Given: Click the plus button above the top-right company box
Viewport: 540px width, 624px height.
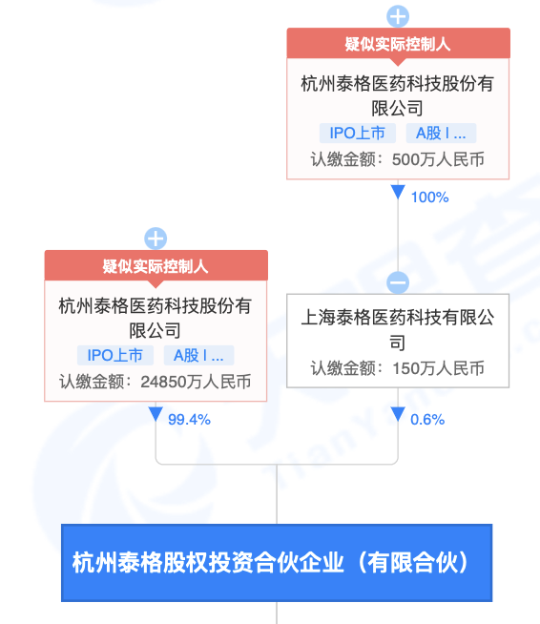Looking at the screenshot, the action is click(x=398, y=17).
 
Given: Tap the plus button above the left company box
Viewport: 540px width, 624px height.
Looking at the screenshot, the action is click(x=156, y=239).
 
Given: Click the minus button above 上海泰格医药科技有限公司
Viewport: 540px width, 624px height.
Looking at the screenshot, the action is click(x=398, y=282).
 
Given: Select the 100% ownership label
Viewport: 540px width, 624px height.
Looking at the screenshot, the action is click(x=429, y=198).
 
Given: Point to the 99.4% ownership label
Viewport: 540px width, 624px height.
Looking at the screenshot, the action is click(x=189, y=420).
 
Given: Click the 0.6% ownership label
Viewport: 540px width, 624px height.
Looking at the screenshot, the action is click(x=427, y=420).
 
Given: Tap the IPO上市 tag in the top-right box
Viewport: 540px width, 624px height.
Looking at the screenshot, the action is click(x=358, y=133).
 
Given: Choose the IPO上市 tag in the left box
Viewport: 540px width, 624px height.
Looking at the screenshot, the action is click(x=115, y=355).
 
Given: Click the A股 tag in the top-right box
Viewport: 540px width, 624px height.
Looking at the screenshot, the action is click(x=441, y=133).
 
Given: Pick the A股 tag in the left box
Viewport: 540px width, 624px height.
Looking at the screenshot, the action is click(x=198, y=355).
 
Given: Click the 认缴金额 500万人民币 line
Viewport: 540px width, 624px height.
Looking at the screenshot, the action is click(x=398, y=159).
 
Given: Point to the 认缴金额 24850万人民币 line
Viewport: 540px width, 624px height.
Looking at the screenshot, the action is click(x=156, y=382).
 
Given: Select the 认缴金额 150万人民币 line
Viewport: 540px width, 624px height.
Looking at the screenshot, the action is click(x=398, y=368).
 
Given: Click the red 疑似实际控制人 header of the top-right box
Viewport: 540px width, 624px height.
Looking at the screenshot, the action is click(x=398, y=43).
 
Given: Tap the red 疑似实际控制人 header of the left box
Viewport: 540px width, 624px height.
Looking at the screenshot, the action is click(x=156, y=266).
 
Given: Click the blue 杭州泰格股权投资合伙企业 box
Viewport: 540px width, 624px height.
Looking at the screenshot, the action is click(x=277, y=563).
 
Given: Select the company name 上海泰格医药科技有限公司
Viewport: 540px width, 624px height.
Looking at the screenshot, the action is click(x=398, y=330).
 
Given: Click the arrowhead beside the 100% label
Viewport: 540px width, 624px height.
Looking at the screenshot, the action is click(x=398, y=192).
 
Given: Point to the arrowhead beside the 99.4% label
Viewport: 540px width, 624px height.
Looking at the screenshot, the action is click(x=156, y=414).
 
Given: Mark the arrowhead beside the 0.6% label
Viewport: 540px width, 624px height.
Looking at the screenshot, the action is click(x=398, y=414).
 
